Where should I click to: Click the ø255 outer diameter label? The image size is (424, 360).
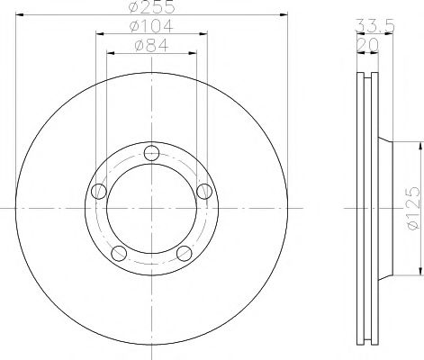(x=151, y=8)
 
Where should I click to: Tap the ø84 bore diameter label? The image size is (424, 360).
(x=151, y=45)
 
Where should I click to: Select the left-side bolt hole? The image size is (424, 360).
(x=98, y=190)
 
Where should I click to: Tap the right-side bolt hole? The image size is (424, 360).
(x=204, y=190)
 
